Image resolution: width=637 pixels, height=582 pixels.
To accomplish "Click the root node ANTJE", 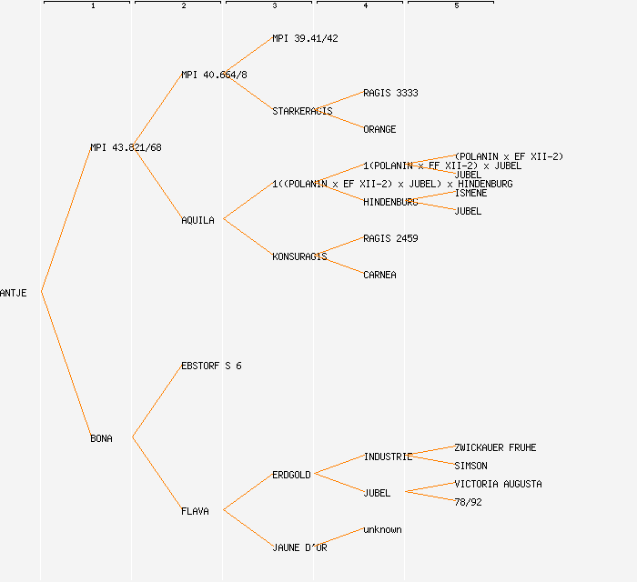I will tap(14, 293).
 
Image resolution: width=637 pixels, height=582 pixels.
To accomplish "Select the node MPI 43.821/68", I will tap(126, 147).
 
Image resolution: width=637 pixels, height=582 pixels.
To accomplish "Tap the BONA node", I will tap(101, 438).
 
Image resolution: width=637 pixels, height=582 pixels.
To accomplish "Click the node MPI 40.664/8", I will tap(214, 75).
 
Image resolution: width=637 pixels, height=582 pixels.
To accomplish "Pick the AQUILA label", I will tap(197, 220).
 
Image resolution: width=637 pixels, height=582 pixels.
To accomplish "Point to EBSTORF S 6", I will tap(211, 366).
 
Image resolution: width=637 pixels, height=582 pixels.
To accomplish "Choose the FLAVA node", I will tap(195, 511).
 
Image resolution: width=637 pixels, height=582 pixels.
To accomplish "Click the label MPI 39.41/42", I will tap(305, 38).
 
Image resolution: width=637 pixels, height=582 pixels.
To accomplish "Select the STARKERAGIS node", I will tap(302, 111).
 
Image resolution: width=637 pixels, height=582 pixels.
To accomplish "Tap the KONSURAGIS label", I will tap(299, 256).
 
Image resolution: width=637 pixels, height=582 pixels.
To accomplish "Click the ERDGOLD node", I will tap(291, 475).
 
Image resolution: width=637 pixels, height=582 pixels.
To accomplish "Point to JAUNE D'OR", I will tap(299, 547).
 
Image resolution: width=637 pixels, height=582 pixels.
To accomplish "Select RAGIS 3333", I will tap(390, 93).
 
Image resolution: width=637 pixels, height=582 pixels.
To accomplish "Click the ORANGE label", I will tap(379, 129).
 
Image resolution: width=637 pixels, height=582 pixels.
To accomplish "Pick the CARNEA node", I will tap(379, 275).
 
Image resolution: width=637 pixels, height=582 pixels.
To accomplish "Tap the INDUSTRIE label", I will tap(388, 457).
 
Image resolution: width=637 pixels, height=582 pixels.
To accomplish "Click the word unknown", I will tap(382, 529).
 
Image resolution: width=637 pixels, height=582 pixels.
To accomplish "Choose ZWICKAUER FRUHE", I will tap(495, 447).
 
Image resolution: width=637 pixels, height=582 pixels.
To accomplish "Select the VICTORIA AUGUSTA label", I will tap(498, 484).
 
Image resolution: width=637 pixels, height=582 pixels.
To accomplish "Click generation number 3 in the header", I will tap(274, 6).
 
